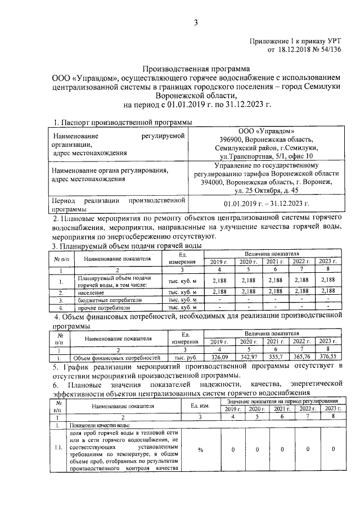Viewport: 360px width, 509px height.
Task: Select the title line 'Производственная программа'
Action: point(194,67)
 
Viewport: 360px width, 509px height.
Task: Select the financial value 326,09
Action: point(219,357)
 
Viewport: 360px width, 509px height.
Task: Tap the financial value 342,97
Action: point(248,357)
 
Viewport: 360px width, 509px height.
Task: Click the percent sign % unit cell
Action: point(200,449)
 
